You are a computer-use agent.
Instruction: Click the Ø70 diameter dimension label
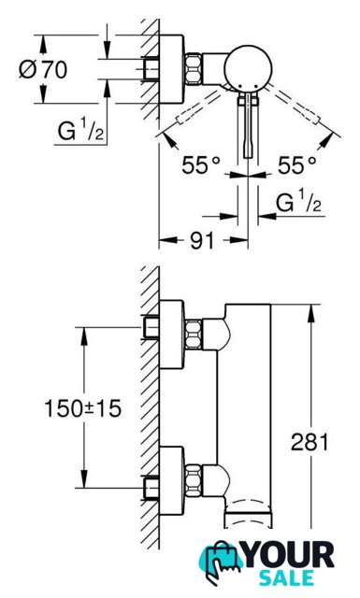point(43,69)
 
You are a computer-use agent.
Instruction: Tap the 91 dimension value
point(201,240)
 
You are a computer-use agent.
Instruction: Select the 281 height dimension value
point(310,442)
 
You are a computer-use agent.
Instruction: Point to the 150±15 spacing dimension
point(83,408)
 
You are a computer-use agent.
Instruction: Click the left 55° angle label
point(201,165)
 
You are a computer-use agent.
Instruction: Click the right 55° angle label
point(297,165)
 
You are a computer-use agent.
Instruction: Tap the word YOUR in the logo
point(289,555)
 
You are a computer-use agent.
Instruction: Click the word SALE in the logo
point(286,578)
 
